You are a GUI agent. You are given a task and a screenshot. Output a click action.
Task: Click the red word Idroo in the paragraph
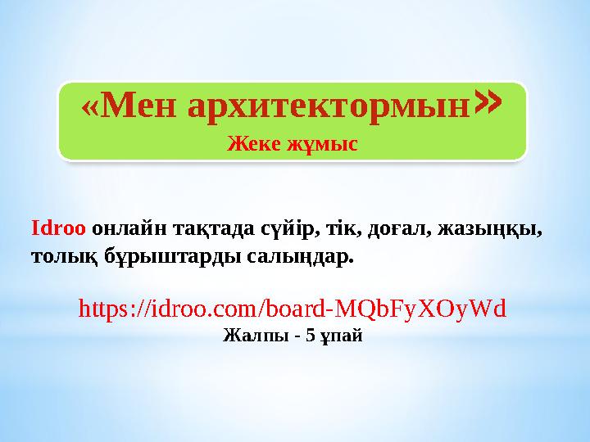(57, 228)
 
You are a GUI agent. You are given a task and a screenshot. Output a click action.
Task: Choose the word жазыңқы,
(490, 228)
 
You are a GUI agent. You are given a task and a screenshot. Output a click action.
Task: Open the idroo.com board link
(292, 308)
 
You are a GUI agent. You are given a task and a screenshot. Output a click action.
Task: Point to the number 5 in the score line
(309, 335)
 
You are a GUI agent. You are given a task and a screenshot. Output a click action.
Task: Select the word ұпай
(340, 336)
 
